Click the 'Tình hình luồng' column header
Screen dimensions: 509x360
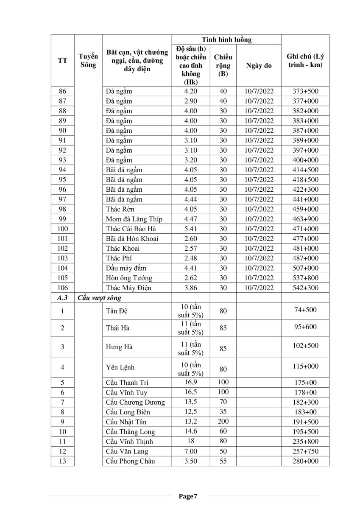point(226,39)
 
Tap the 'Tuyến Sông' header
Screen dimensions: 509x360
point(88,61)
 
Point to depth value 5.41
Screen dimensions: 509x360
point(191,229)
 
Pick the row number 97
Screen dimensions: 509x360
point(62,199)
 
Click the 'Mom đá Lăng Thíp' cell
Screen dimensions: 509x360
point(134,219)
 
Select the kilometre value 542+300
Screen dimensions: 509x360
point(305,288)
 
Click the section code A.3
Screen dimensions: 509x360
point(62,298)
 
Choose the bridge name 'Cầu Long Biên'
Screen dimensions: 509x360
point(128,412)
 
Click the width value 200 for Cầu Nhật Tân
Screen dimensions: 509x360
point(223,422)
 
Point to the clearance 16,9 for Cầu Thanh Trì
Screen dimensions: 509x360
point(191,382)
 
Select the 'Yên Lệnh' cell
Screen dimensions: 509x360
point(120,367)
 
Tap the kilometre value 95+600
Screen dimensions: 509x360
point(305,327)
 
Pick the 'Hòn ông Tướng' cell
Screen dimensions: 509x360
point(129,278)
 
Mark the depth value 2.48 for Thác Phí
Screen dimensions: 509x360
point(191,258)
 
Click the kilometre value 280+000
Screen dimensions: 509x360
point(305,461)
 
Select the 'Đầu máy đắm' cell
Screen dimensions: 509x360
point(127,268)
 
